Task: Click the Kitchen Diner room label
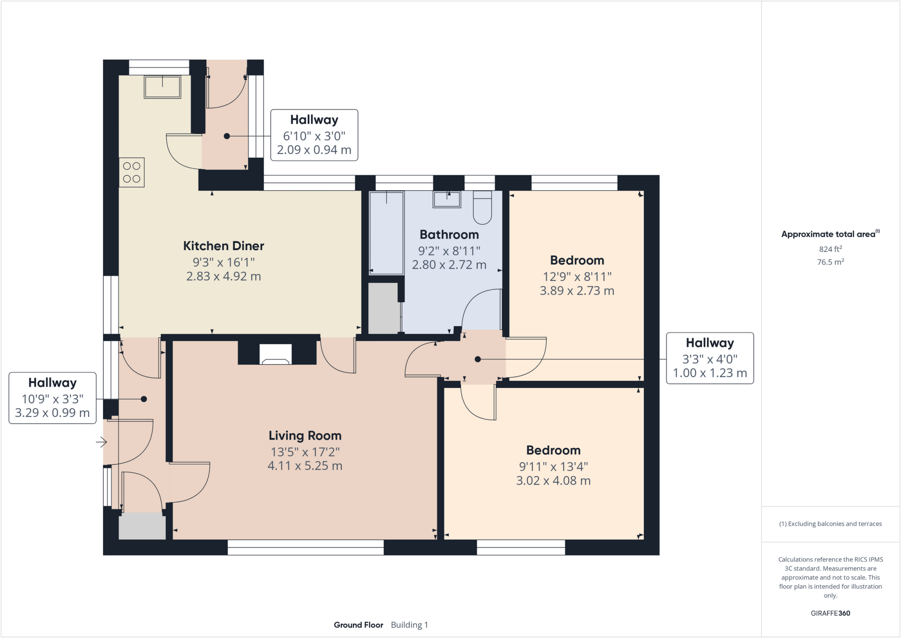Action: point(223,246)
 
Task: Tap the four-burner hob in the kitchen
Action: point(132,172)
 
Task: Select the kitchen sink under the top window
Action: point(162,87)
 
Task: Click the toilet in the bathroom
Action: point(482,207)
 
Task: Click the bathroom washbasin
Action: point(447,199)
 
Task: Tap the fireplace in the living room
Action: point(275,354)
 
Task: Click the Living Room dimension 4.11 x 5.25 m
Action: point(305,466)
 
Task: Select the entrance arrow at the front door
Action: point(102,442)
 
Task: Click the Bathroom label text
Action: point(449,235)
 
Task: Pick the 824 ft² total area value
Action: point(830,249)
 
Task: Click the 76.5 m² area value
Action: point(830,262)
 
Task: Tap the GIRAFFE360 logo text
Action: point(830,613)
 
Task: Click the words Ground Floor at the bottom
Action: point(358,625)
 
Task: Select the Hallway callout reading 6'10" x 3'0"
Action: point(314,135)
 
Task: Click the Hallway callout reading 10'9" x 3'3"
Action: point(52,398)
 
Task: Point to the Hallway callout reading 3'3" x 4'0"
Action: point(709,358)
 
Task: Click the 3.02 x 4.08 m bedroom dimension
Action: point(553,480)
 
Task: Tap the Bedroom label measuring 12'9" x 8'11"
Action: point(577,260)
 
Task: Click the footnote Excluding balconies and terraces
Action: point(830,524)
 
